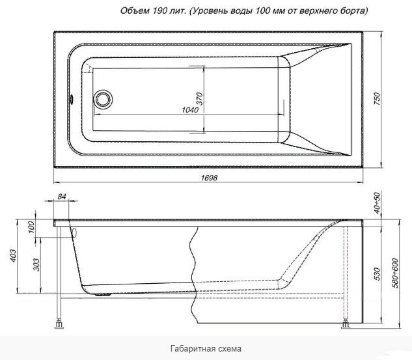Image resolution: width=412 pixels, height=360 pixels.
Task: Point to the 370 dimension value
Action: [200, 98]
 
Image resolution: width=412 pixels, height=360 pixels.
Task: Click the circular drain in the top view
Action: [103, 100]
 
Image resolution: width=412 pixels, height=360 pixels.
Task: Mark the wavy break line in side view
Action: [193, 273]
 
